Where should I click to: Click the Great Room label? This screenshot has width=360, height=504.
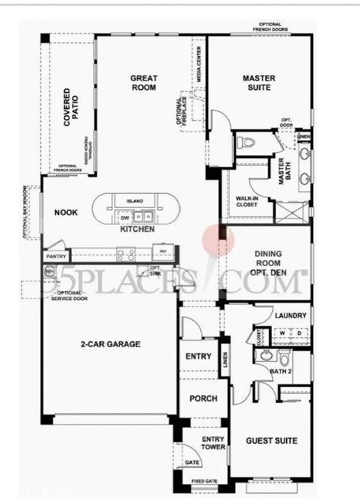(x=144, y=83)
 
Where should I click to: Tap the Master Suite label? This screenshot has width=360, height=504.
(x=259, y=83)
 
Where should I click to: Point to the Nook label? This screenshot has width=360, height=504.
(x=66, y=212)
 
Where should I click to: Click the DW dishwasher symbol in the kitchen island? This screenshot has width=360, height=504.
(x=125, y=218)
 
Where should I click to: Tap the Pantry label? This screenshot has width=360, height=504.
(x=56, y=256)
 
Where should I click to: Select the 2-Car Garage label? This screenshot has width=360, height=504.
(x=111, y=344)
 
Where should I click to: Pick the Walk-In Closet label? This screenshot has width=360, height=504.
(x=247, y=202)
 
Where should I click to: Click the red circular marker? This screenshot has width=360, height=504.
(x=218, y=240)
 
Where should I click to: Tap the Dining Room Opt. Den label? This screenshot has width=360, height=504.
(x=268, y=263)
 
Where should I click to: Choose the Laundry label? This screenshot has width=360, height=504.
(x=290, y=316)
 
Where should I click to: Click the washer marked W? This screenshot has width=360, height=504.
(x=282, y=333)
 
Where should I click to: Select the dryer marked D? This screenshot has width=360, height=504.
(x=299, y=333)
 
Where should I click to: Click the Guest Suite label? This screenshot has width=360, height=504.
(x=272, y=440)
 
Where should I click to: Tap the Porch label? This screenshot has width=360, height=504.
(x=203, y=398)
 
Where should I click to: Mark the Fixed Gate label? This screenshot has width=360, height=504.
(x=204, y=481)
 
